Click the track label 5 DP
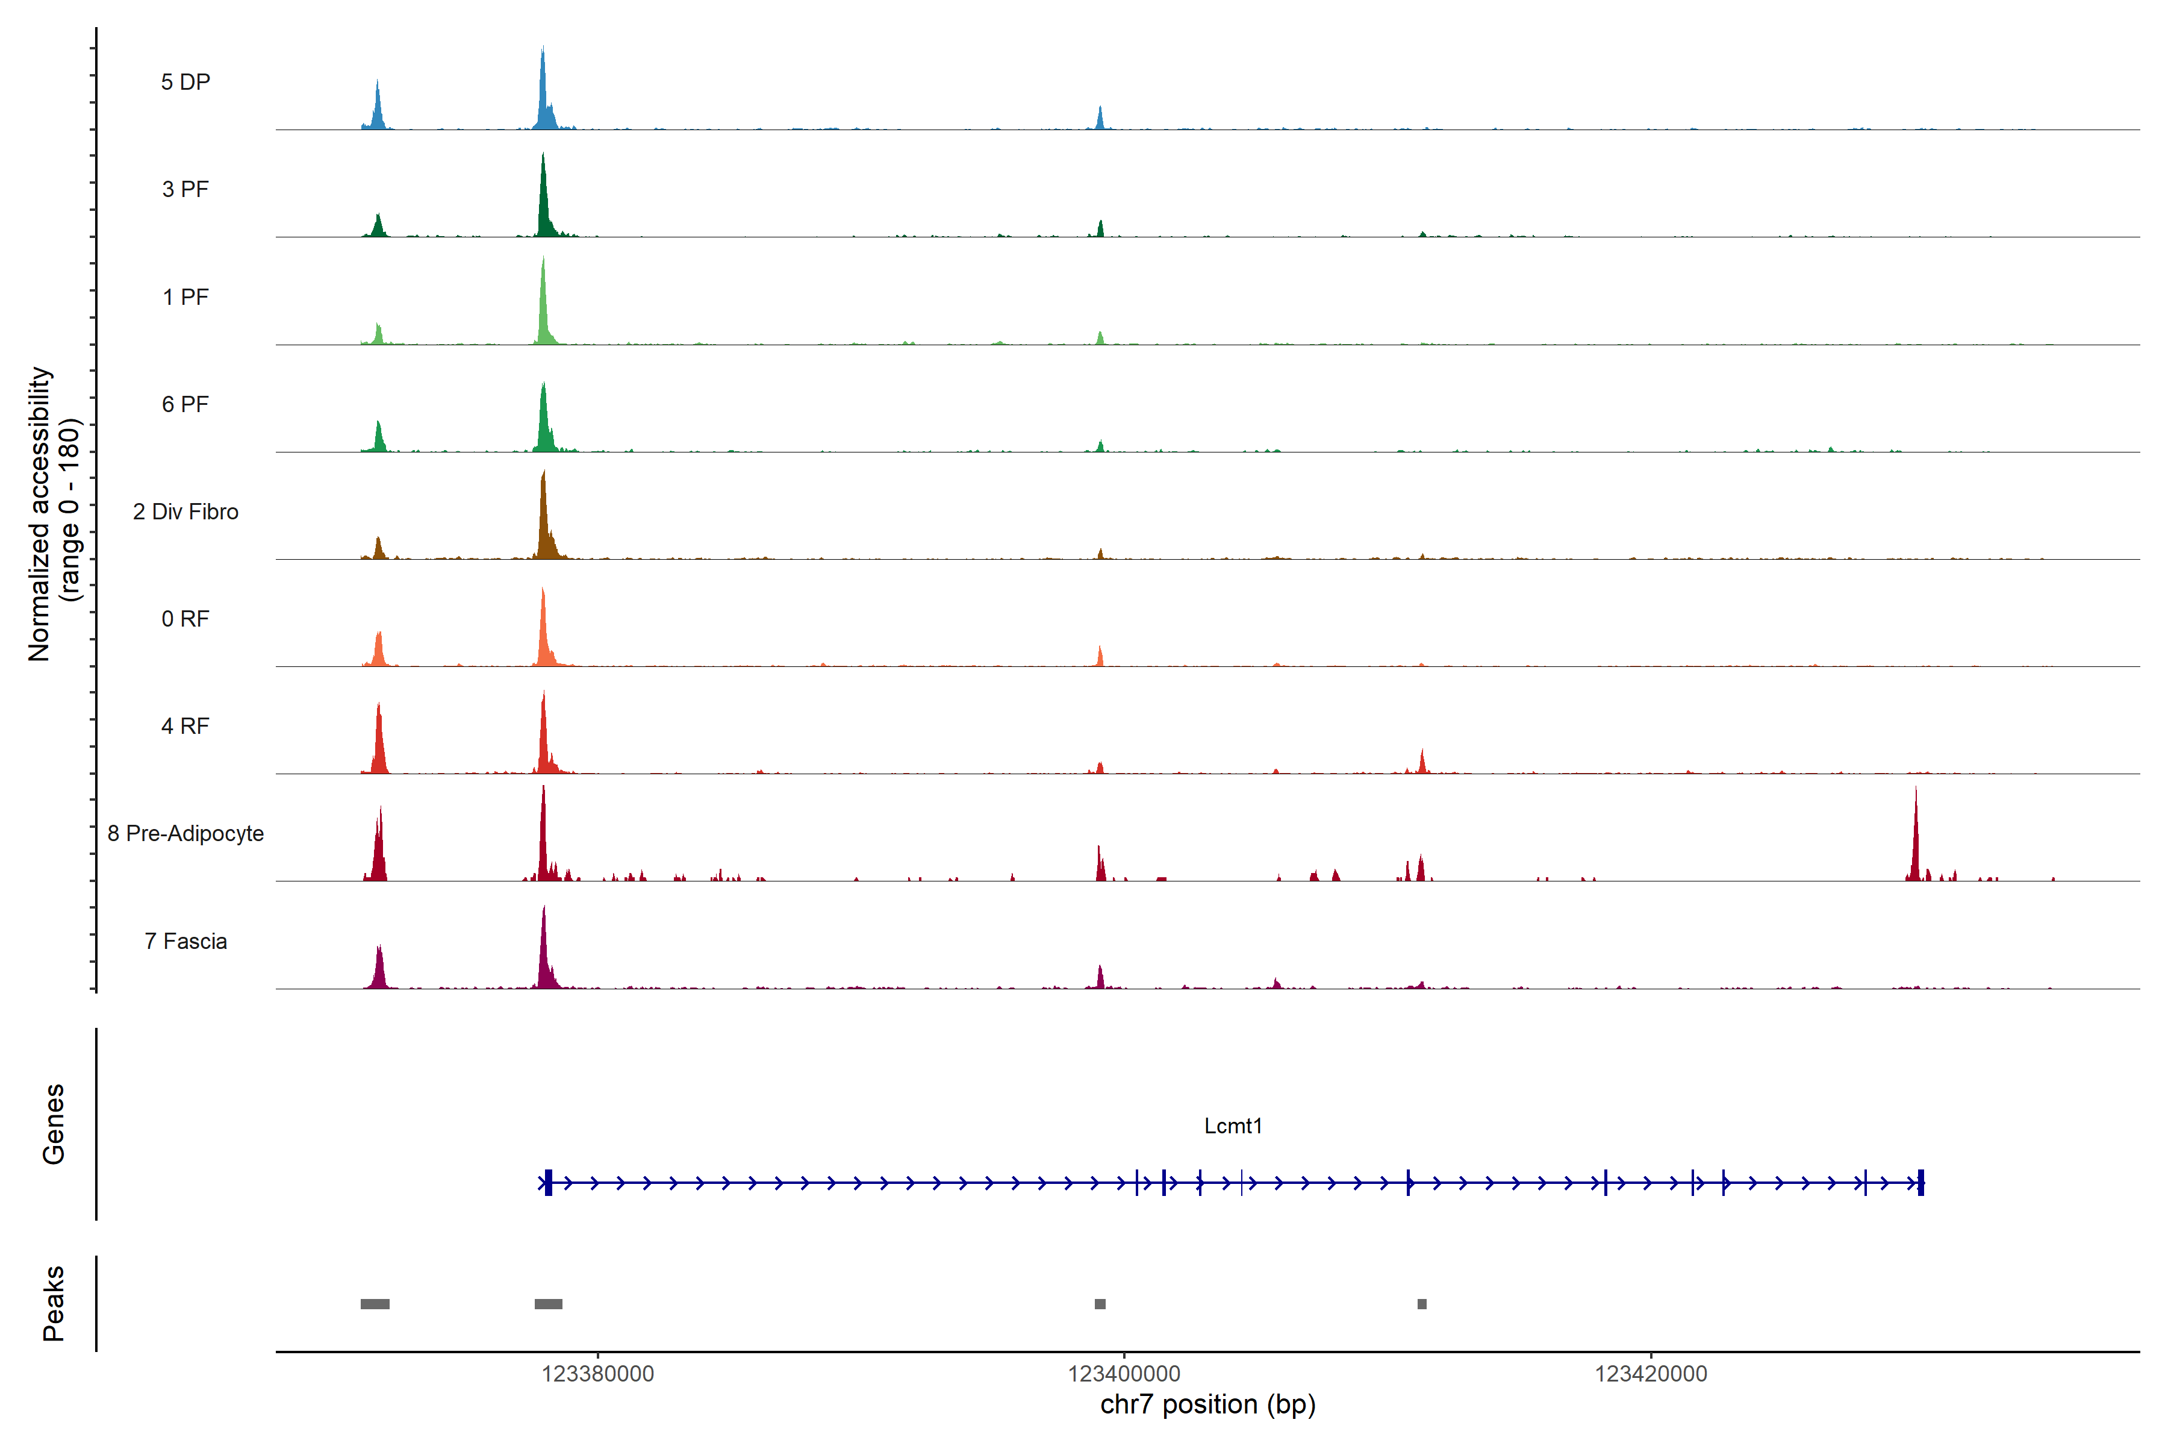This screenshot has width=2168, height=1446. [185, 82]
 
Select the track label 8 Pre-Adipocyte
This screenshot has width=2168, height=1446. [185, 834]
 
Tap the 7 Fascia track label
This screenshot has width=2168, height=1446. [185, 942]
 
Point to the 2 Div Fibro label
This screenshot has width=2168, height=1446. [185, 512]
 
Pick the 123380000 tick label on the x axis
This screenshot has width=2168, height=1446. [597, 1374]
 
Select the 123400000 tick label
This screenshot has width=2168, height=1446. [1124, 1374]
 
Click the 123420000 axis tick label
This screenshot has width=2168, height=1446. [1651, 1374]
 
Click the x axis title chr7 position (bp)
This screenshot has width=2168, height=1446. [1207, 1404]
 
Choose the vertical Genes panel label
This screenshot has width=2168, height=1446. [54, 1124]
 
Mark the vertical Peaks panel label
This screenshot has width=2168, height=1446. [54, 1303]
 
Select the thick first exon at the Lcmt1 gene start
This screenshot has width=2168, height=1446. [549, 1182]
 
